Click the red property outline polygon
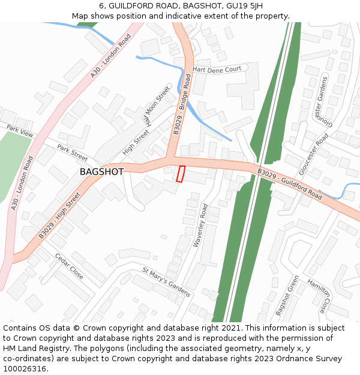click(x=179, y=173)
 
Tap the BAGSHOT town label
click(x=101, y=172)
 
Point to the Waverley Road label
click(x=200, y=226)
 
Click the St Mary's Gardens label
click(x=166, y=282)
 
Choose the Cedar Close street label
click(x=69, y=266)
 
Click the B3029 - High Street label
click(x=59, y=215)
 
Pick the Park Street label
click(x=73, y=152)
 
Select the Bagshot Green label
click(x=287, y=296)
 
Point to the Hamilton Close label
click(x=319, y=296)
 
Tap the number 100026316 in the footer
click(x=25, y=368)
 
